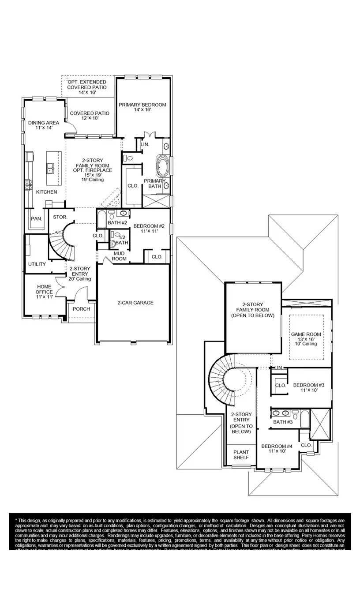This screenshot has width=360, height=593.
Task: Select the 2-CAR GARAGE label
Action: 135,303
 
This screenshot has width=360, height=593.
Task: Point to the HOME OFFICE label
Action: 44,292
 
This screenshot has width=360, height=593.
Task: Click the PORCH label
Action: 81,309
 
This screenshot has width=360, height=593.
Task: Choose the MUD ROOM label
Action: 120,256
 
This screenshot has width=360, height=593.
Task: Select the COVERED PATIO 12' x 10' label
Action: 90,116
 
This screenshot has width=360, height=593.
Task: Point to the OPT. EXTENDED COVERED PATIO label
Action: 86,87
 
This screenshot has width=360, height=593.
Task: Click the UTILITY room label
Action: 37,264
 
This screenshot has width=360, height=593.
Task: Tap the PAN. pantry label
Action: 36,219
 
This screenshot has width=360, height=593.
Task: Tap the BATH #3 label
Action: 283,422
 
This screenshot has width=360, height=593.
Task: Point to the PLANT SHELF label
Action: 241,455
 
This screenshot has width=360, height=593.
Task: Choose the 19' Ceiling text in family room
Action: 93,180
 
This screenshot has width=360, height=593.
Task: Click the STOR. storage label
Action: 60,217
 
